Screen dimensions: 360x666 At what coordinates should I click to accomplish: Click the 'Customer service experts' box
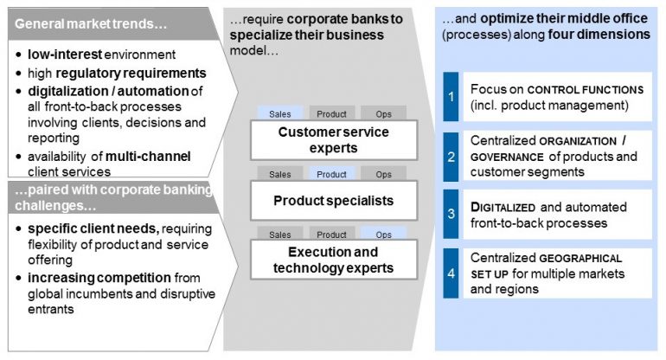[333, 140]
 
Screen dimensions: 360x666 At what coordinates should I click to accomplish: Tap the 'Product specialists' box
[333, 201]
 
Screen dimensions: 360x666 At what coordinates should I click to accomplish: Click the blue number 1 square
[450, 96]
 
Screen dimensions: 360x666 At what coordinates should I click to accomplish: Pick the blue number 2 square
[450, 156]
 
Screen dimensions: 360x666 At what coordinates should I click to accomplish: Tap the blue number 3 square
[450, 215]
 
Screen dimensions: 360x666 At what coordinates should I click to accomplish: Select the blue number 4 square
[450, 273]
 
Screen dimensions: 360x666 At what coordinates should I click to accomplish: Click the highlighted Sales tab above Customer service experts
[280, 113]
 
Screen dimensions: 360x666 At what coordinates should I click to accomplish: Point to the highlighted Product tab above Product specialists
[331, 174]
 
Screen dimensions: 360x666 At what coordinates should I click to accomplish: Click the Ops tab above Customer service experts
[383, 113]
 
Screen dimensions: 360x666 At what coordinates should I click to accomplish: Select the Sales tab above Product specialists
[280, 174]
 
